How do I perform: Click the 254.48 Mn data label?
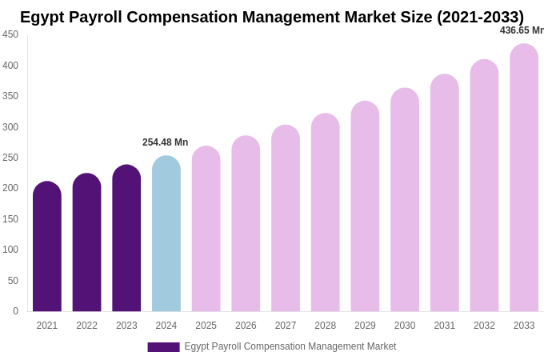166,142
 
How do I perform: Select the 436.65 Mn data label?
522,30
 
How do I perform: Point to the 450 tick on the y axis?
10,34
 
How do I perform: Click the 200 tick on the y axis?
10,188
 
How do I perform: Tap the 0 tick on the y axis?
15,311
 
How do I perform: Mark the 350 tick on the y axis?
10,96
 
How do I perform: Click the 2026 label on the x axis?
246,326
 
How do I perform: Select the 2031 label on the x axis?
445,326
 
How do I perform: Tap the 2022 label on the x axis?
86,326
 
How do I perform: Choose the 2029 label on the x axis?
365,326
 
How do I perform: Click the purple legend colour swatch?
163,347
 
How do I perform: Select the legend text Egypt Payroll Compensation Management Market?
290,346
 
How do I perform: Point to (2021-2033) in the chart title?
480,17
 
